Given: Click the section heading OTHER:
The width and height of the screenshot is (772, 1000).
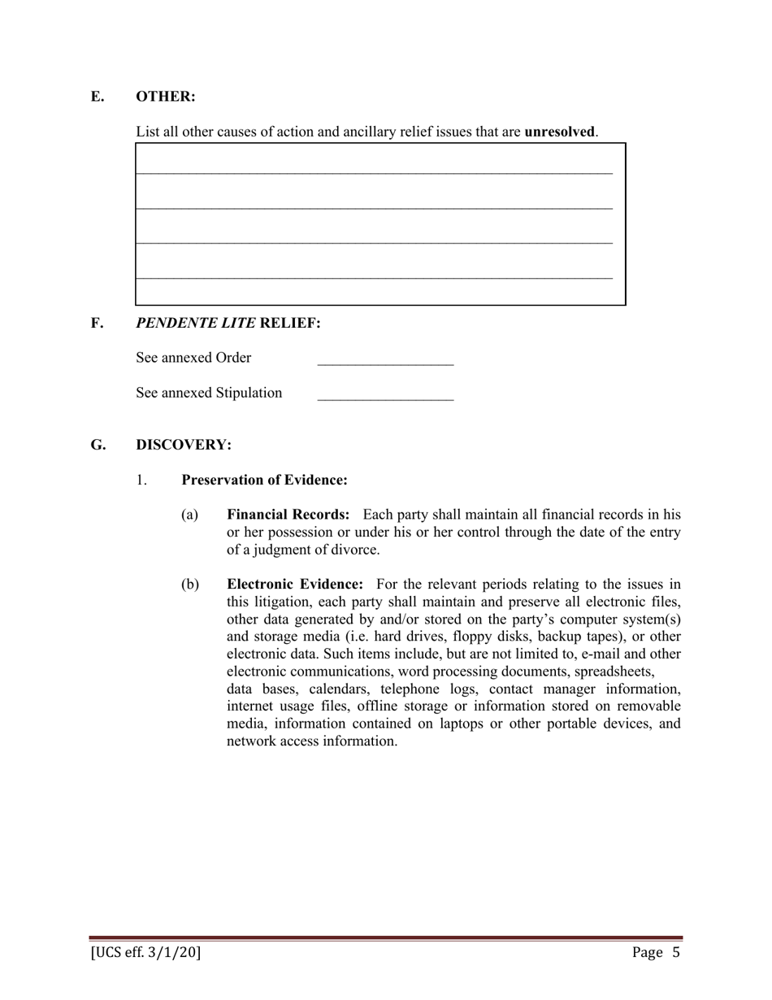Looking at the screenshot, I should pos(165,97).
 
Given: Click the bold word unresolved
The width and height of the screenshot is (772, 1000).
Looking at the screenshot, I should pos(560,132).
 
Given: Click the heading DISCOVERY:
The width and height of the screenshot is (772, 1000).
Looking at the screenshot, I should pos(184,445).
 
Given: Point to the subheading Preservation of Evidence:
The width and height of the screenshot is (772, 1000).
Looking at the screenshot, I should pos(264,480).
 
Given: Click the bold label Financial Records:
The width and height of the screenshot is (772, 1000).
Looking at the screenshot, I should pos(288,515).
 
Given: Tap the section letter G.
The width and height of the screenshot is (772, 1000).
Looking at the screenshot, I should pos(98,445).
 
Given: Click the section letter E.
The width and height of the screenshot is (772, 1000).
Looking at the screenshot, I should pos(97,97).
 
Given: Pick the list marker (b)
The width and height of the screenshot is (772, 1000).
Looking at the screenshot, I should pos(189,585).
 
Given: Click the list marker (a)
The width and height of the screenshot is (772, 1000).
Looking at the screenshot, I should pos(189,515).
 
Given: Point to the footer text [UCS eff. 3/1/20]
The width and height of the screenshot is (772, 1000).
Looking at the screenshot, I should pos(145,953).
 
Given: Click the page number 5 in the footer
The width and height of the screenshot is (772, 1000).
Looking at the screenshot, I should pos(675,953).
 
